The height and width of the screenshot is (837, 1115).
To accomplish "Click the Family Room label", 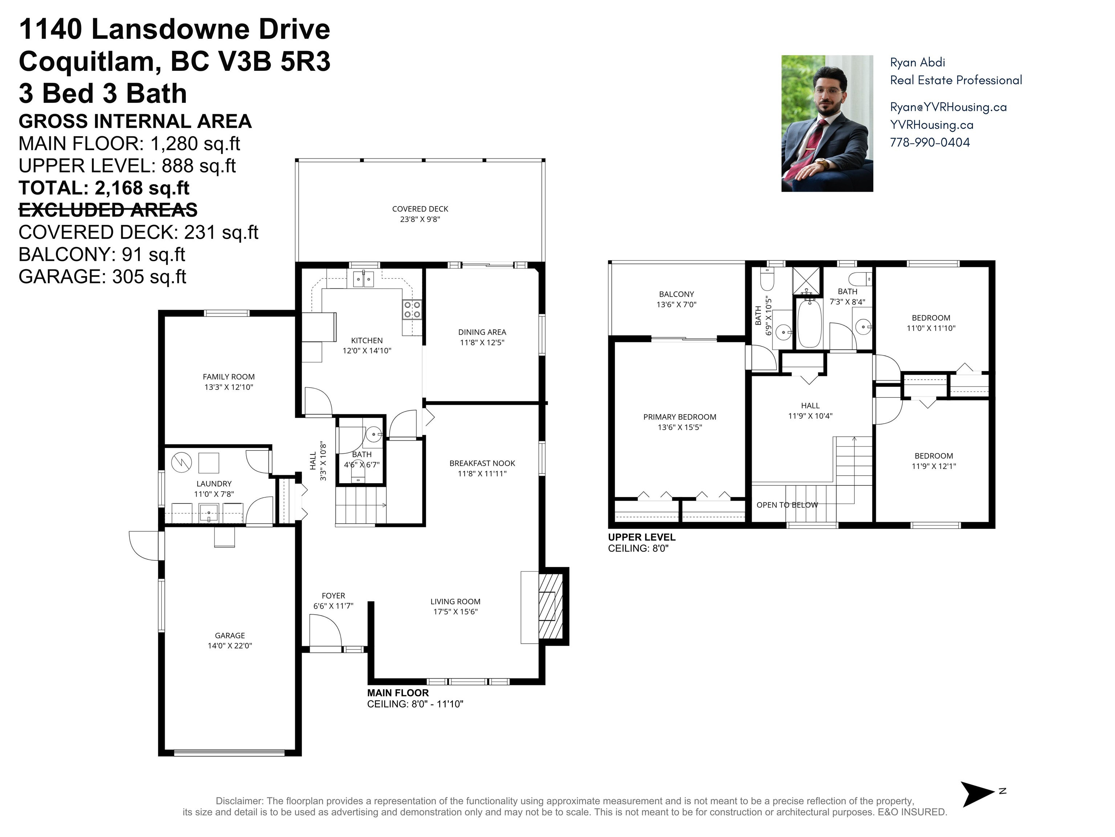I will pos(228,377).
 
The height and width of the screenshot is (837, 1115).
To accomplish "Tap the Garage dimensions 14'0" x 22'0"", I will pos(230,646).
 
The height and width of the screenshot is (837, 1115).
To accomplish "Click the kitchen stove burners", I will pos(412,310).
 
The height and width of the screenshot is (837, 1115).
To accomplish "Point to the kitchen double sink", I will pos(363,278).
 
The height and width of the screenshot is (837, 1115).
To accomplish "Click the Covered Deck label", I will pos(420,209).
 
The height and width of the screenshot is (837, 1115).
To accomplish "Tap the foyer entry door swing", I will pos(325,630).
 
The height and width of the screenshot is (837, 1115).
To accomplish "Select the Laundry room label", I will pos(214,484).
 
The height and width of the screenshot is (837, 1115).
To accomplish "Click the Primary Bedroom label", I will pos(679,417).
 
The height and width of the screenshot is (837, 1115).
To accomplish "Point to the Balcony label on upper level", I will pos(676,294).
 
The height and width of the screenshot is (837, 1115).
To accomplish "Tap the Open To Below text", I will pos(787,505).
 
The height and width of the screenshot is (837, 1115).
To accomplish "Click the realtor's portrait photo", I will pos(827,124).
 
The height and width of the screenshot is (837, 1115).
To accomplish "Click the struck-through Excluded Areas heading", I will pos(108,210).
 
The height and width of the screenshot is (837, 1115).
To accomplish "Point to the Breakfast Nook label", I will pos(482,463).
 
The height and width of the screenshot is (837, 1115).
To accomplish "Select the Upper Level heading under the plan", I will pos(641,537).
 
